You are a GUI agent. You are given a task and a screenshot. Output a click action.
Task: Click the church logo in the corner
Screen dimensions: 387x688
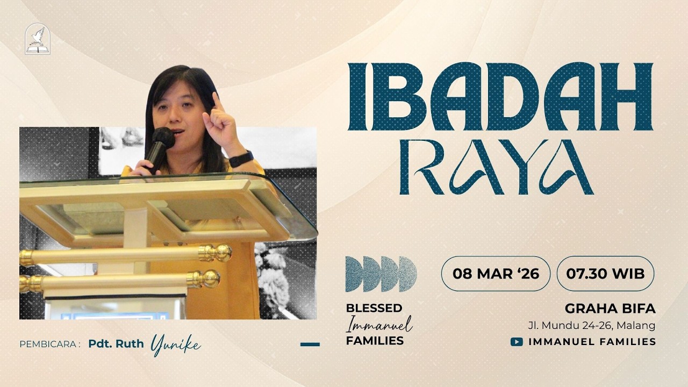[x=38, y=39]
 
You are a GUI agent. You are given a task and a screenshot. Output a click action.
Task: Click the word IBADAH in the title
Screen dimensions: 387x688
[x=500, y=97]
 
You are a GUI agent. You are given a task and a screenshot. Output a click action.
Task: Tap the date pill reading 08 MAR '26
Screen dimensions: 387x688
[x=496, y=274]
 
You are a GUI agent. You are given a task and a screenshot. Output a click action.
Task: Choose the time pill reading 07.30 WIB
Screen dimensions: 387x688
[x=605, y=274]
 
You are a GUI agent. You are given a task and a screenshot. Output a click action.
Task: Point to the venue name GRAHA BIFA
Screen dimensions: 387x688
[x=610, y=309]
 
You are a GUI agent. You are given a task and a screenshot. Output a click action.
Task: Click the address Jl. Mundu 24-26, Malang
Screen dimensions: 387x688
[x=591, y=325]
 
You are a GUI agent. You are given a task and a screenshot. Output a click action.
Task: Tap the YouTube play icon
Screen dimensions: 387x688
[x=517, y=341]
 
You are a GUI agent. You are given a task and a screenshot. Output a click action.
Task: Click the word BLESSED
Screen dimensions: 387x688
[x=374, y=308]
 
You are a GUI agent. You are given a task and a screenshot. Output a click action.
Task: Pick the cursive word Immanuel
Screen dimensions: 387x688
[x=379, y=324]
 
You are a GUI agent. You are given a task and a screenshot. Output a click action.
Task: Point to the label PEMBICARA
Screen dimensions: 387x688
[x=49, y=345]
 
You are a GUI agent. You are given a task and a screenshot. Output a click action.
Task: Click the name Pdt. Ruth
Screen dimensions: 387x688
[x=116, y=344]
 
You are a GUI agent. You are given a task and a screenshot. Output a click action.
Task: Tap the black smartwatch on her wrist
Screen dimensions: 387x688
[x=241, y=159]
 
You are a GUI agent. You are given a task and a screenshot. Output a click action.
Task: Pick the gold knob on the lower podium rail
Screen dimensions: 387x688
[x=204, y=279]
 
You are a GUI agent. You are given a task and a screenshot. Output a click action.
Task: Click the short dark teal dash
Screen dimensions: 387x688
[x=310, y=344]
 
